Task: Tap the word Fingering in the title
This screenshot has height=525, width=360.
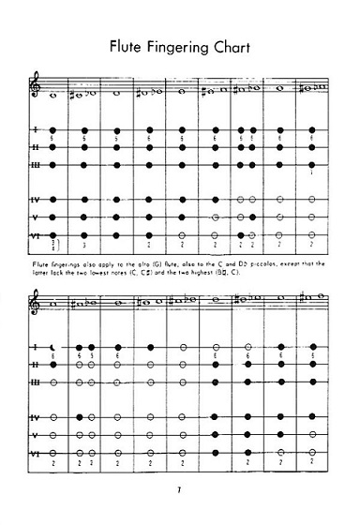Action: point(181,45)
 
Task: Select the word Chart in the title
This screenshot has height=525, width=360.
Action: point(234,44)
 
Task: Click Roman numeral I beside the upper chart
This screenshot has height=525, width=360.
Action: point(35,129)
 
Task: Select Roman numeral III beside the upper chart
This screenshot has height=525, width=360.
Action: point(36,164)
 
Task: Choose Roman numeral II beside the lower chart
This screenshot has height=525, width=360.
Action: point(36,364)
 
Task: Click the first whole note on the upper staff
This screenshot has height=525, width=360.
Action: point(54,94)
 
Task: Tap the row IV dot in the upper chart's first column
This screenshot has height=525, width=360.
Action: point(54,200)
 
